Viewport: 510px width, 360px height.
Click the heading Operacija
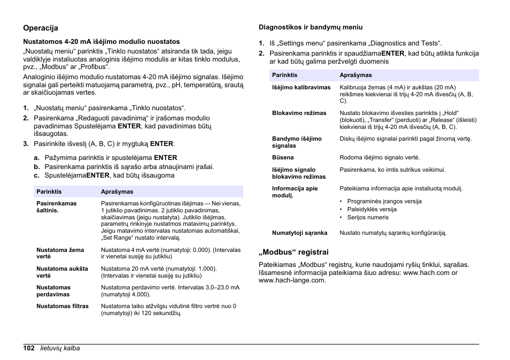coord(40,28)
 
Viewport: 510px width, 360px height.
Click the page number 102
coord(29,348)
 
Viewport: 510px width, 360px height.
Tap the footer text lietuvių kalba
coord(60,348)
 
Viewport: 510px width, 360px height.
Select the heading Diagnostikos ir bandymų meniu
coord(311,27)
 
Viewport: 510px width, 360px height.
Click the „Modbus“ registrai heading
coord(293,251)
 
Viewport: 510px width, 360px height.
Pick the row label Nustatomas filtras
coord(63,307)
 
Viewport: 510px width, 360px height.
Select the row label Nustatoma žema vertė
coord(60,253)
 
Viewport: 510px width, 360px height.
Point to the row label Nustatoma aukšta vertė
coord(62,272)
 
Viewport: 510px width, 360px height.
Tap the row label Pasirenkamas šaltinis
coord(56,206)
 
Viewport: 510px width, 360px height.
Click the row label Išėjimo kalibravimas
coord(301,87)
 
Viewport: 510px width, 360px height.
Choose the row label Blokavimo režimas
coord(299,113)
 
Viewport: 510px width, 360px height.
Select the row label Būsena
coord(283,157)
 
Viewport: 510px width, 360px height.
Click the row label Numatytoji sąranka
coord(299,233)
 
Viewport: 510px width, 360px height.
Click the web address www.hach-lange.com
coord(292,280)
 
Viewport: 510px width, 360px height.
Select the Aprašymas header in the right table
coord(356,75)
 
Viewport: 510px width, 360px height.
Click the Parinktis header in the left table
coord(49,192)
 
